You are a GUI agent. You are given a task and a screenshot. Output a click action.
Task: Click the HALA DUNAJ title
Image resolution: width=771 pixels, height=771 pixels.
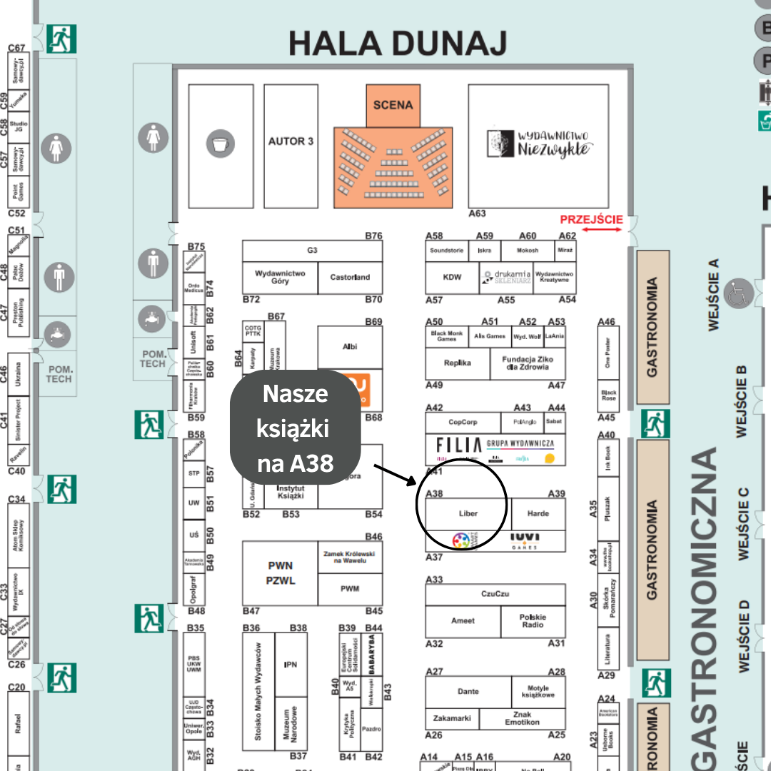pyautogui.click(x=398, y=44)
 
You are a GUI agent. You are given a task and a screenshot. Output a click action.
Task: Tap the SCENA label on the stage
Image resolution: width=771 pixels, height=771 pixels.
pyautogui.click(x=393, y=105)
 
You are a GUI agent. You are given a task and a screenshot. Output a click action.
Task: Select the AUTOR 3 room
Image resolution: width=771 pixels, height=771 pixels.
pyautogui.click(x=291, y=141)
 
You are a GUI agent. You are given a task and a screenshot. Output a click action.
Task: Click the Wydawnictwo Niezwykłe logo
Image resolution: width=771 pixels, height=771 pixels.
pyautogui.click(x=539, y=143)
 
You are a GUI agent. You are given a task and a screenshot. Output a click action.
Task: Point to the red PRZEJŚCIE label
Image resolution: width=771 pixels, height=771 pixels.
pyautogui.click(x=591, y=220)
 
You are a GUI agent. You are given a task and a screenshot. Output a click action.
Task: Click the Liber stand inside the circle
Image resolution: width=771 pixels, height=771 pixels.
pyautogui.click(x=468, y=513)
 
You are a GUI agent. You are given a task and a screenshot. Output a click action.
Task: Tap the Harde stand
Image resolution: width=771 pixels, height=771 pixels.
pyautogui.click(x=538, y=513)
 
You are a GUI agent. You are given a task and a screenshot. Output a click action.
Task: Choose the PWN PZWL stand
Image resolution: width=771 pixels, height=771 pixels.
pyautogui.click(x=280, y=573)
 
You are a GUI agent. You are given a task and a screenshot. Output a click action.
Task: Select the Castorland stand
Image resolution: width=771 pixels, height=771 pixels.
pyautogui.click(x=350, y=277)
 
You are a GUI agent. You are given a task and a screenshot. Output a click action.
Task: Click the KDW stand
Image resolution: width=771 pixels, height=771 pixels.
pyautogui.click(x=452, y=277)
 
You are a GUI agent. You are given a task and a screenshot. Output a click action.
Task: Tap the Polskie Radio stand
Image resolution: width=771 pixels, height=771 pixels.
pyautogui.click(x=533, y=620)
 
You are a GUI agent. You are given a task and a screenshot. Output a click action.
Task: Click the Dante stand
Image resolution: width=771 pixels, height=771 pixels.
pyautogui.click(x=468, y=691)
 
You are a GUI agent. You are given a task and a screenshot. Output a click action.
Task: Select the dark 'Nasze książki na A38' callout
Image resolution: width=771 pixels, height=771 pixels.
pyautogui.click(x=295, y=428)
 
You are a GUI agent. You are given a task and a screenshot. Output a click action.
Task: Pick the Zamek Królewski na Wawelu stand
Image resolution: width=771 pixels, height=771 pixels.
pyautogui.click(x=350, y=557)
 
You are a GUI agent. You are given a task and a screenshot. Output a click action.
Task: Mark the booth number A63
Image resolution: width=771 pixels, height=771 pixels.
pyautogui.click(x=477, y=213)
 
